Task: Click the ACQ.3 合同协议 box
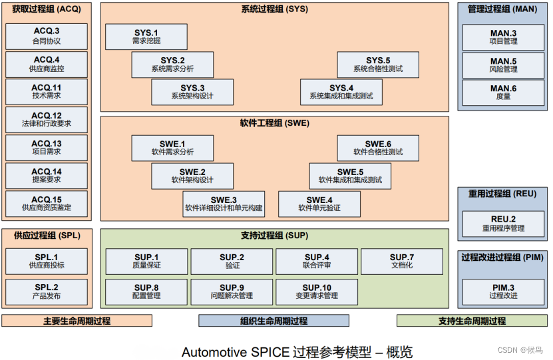[x=46, y=36]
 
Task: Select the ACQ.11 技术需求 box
[x=46, y=92]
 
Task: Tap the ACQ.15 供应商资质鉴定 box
[x=46, y=204]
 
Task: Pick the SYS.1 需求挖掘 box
[x=146, y=37]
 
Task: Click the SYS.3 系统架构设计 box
[x=192, y=92]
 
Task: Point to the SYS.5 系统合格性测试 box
[x=378, y=65]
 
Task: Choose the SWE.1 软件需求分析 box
[x=172, y=148]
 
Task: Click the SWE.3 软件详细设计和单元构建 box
[x=224, y=204]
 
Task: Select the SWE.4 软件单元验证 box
[x=319, y=204]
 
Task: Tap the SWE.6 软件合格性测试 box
[x=378, y=148]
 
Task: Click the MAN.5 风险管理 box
[x=503, y=65]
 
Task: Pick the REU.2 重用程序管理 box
[x=503, y=224]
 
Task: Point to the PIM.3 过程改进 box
[x=503, y=291]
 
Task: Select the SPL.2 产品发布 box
[x=46, y=291]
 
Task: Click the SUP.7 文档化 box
[x=402, y=261]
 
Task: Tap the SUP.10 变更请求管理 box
[x=317, y=291]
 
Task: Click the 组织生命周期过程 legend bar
[x=274, y=321]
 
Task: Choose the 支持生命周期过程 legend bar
[x=472, y=321]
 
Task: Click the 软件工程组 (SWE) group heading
[x=274, y=123]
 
